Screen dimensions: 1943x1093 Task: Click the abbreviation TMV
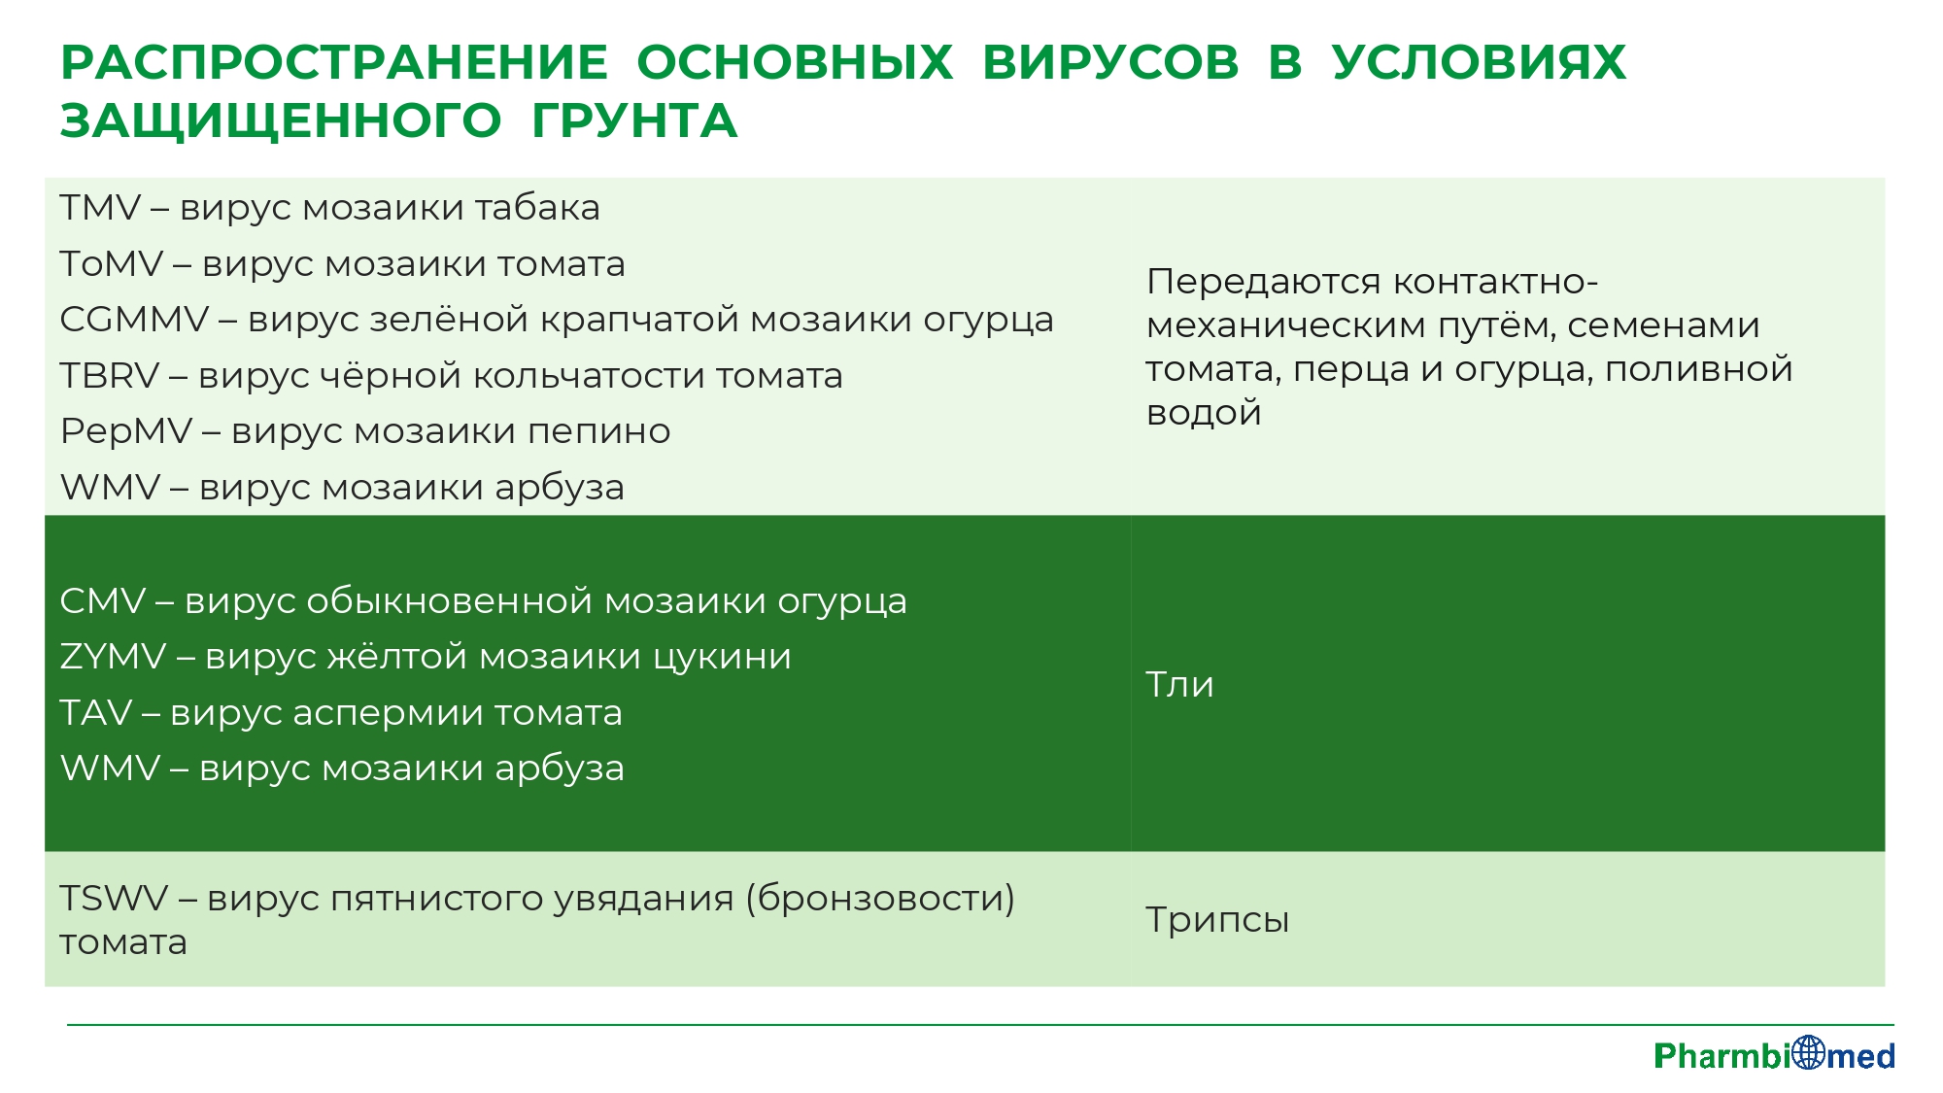point(101,208)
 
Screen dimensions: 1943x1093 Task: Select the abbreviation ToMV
point(112,264)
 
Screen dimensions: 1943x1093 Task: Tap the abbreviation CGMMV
point(135,320)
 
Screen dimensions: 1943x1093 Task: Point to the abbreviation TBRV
point(110,376)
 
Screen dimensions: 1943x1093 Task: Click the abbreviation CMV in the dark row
point(103,601)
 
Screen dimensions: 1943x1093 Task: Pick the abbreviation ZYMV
point(114,657)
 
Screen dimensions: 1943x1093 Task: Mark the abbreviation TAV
point(96,713)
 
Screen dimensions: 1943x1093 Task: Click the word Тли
point(1179,685)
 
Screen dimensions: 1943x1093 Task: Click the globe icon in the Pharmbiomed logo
point(1809,1052)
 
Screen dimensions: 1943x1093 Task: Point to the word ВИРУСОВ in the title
point(1110,63)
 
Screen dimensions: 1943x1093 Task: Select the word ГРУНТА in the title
point(634,121)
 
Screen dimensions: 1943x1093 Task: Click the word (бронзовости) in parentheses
point(880,899)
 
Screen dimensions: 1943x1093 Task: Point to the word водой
point(1204,413)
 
